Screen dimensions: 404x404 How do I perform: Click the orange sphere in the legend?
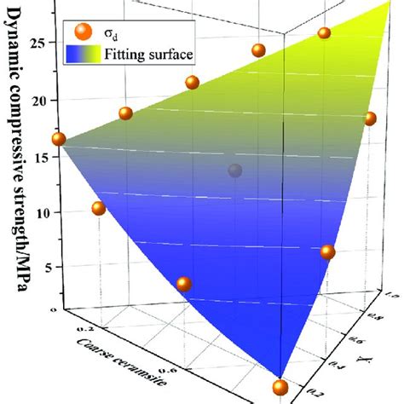coord(83,33)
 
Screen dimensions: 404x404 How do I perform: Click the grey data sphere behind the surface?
coord(235,171)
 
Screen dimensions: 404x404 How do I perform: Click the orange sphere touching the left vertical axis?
coord(59,139)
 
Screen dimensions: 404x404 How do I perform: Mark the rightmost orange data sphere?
coord(371,118)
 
